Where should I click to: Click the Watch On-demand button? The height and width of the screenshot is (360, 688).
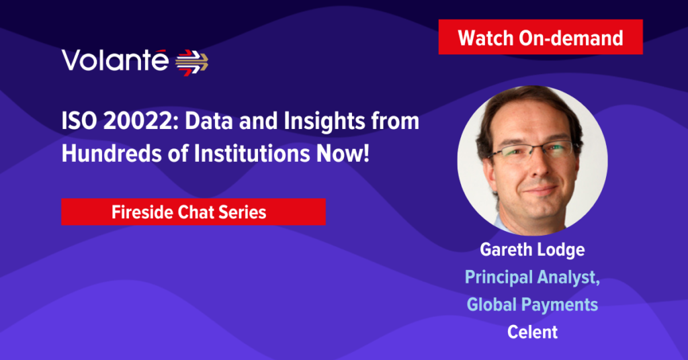541,37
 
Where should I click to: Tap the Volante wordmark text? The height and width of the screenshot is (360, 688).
115,60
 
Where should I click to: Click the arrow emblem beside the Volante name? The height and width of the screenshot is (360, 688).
191,62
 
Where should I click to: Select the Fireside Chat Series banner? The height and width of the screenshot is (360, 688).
193,212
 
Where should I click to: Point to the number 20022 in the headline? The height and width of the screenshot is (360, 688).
138,121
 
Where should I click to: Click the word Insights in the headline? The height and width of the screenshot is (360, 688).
325,122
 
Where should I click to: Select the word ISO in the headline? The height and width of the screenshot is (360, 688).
79,121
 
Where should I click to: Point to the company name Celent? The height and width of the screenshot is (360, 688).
533,332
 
